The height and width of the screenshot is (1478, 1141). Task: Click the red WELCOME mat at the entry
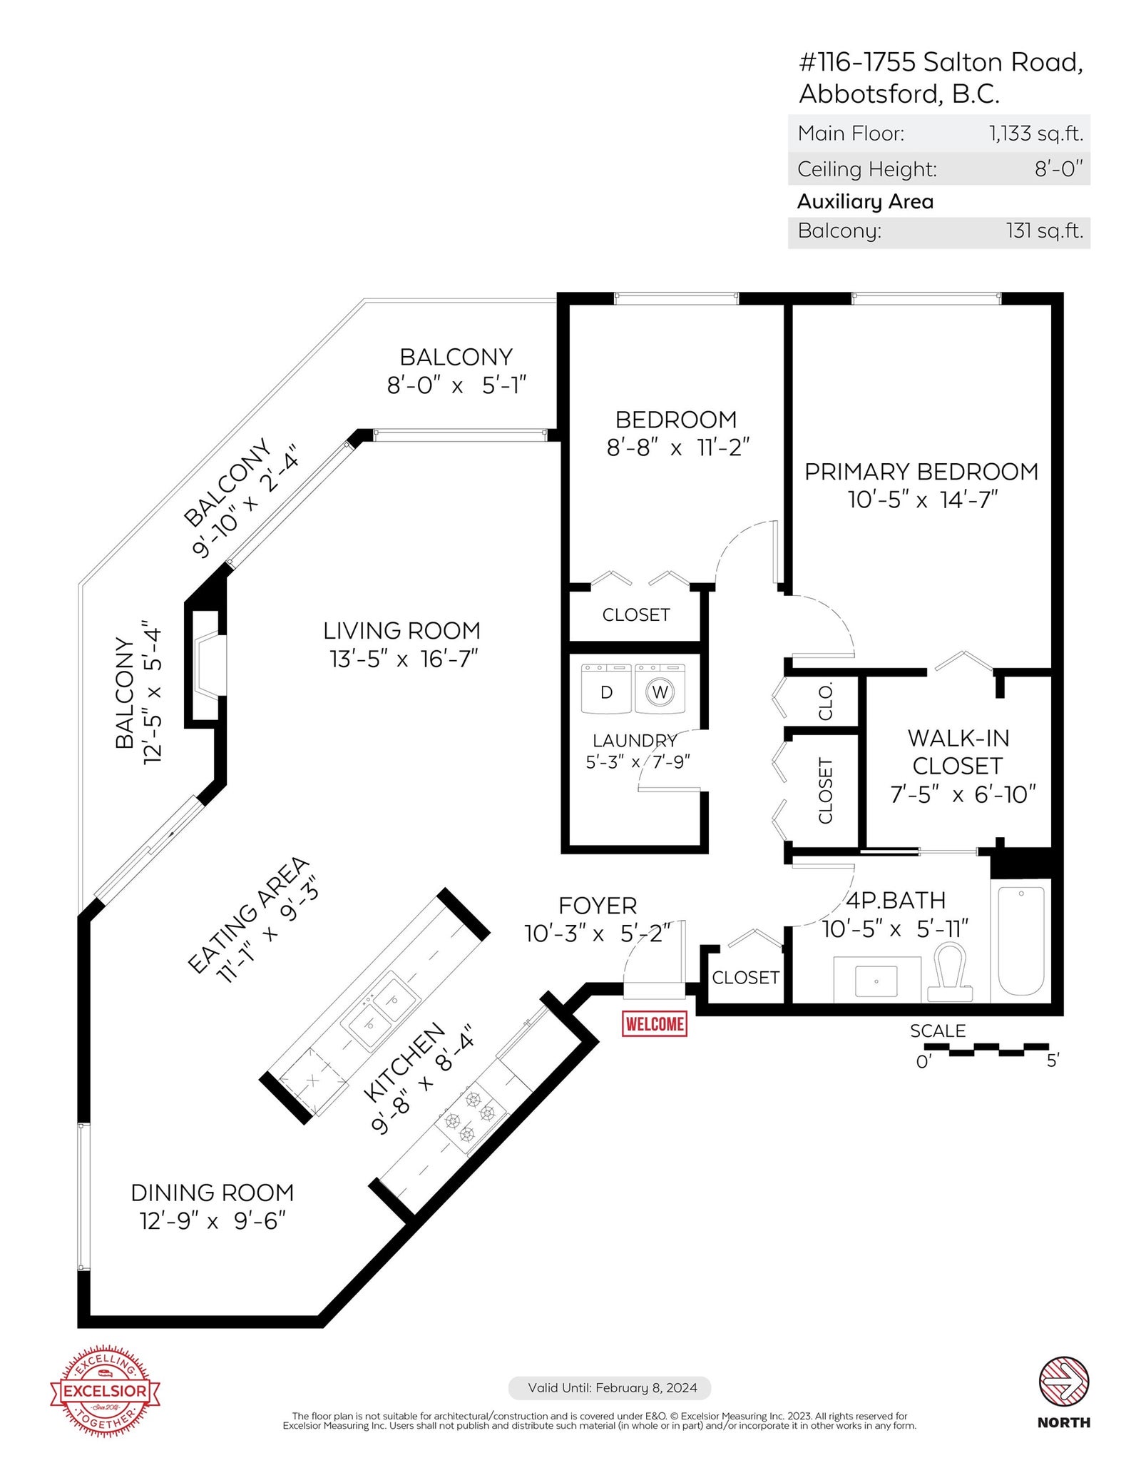654,1024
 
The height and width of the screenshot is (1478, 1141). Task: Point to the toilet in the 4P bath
950,971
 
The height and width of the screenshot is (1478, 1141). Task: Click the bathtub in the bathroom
1021,940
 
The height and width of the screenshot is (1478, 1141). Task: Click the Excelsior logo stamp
105,1391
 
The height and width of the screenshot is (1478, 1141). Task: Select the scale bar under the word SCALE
986,1048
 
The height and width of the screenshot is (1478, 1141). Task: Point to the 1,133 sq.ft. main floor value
1035,133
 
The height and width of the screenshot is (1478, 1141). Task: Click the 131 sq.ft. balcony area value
1045,231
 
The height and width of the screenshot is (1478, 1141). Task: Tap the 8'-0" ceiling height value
1059,168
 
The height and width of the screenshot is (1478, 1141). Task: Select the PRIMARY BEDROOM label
921,472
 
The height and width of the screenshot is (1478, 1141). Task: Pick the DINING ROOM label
213,1193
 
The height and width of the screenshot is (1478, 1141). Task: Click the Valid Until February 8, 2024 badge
610,1388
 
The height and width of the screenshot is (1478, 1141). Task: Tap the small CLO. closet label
825,702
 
